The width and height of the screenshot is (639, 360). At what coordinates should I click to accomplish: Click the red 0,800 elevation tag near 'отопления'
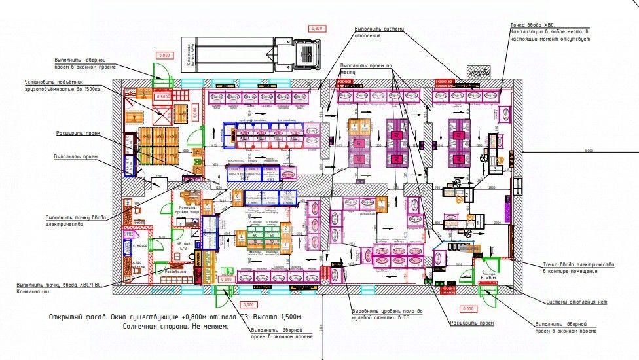[317, 29]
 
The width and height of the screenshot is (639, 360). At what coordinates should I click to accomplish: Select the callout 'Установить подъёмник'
[59, 85]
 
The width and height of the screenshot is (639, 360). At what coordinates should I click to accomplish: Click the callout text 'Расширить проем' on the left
[77, 133]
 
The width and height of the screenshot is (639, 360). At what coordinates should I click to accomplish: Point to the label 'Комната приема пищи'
[189, 211]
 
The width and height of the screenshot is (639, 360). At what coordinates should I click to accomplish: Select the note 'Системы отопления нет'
[577, 302]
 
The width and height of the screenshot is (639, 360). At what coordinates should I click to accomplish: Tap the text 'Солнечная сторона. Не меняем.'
[175, 326]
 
